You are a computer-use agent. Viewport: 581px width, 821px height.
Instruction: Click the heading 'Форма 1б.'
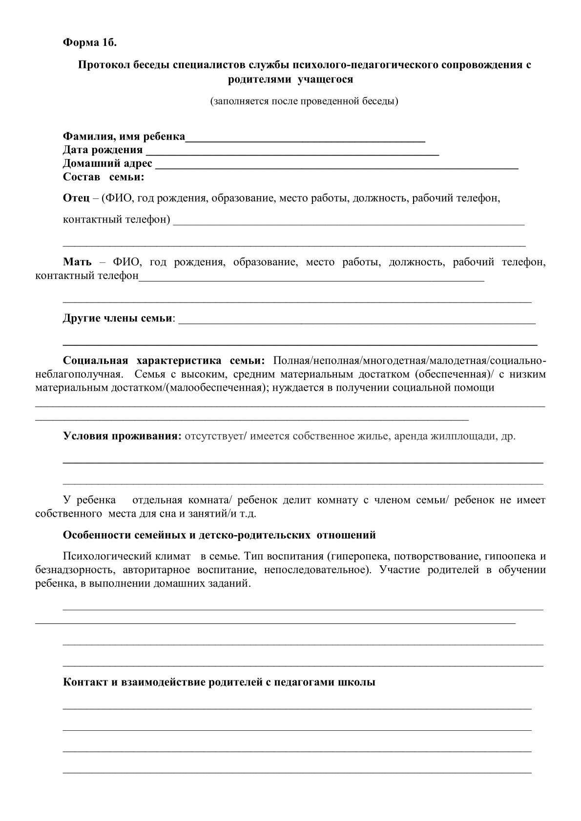(x=90, y=42)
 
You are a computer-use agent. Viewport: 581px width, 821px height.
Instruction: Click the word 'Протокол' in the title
(x=101, y=65)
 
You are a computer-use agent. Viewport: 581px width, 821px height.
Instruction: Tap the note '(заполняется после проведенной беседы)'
(x=304, y=101)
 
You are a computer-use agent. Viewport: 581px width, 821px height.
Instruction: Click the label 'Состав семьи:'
(x=104, y=177)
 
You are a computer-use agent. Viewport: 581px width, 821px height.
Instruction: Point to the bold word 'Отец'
(x=76, y=199)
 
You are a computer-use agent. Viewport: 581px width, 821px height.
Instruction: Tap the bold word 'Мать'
(x=77, y=262)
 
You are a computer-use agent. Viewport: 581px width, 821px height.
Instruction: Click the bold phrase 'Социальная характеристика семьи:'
(x=164, y=361)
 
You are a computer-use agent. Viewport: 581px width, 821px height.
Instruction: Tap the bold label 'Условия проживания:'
(x=123, y=436)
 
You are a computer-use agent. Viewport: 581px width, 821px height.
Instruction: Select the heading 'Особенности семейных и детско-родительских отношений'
(x=219, y=535)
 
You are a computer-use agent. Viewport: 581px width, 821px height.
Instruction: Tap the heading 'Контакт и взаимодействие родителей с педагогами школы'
(x=219, y=682)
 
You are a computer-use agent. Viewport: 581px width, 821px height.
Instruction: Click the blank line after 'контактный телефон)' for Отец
(x=349, y=223)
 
